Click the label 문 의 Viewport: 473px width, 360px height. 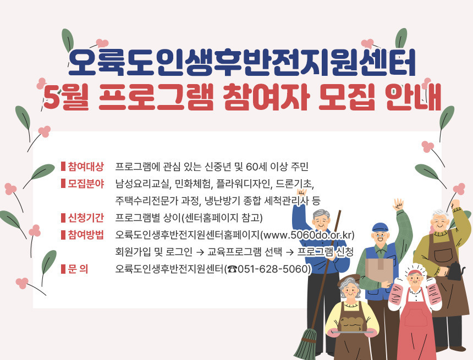[x=79, y=269]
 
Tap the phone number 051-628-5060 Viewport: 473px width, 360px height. [x=273, y=269]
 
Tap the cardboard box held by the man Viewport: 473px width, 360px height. [x=379, y=269]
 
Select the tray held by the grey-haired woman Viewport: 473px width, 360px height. [x=352, y=331]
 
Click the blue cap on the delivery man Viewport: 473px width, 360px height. [x=380, y=227]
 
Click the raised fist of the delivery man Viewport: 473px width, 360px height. [x=398, y=204]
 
